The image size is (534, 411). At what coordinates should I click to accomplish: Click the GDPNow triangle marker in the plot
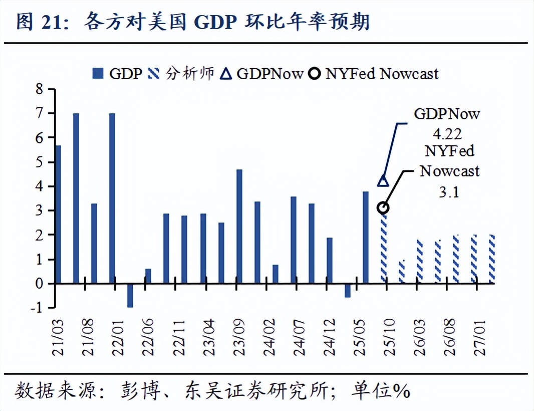383,180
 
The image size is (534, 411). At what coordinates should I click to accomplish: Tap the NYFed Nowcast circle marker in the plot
384,208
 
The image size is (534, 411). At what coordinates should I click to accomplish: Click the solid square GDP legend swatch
98,74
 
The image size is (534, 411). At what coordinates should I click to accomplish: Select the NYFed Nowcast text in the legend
382,74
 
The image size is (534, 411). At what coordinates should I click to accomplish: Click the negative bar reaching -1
130,296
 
